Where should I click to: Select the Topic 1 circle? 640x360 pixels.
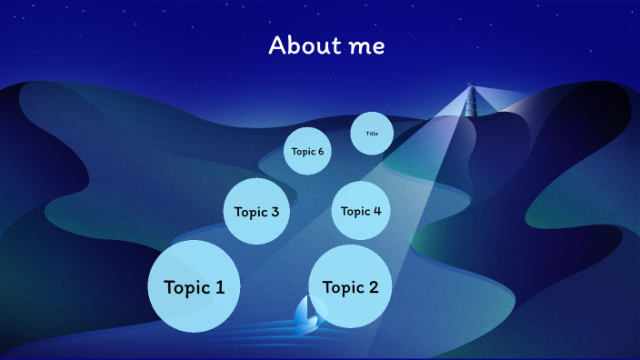tap(194, 286)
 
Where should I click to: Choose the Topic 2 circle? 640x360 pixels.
tap(350, 286)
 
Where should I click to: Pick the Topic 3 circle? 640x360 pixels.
tap(256, 212)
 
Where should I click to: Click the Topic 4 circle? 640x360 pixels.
tap(361, 211)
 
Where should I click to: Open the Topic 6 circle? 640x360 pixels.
tap(307, 152)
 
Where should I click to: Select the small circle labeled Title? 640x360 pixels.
tap(372, 134)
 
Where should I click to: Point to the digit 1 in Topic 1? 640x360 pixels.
tap(220, 287)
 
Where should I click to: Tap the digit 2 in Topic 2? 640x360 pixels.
tap(373, 287)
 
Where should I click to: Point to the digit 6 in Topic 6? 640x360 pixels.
tap(320, 152)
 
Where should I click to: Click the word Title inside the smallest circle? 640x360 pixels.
tap(372, 134)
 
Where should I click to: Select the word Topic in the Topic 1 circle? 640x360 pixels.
tap(186, 288)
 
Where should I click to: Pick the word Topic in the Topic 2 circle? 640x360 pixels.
tap(343, 288)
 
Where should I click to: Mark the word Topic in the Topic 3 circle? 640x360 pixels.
tap(251, 213)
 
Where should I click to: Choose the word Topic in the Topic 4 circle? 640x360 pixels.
tap(355, 212)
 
